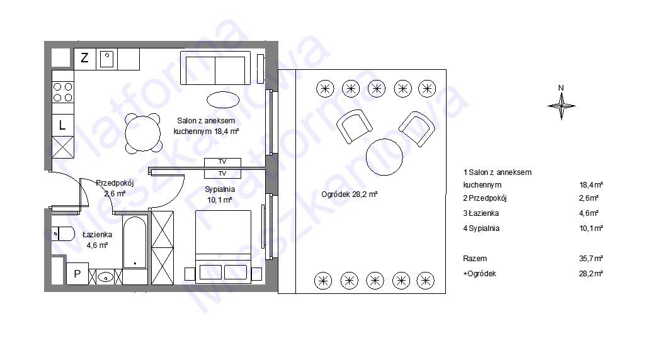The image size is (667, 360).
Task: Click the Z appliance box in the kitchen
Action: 85,59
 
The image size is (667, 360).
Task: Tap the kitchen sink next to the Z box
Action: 107,59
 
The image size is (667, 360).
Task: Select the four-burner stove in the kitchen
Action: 62,93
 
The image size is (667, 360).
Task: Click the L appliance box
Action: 62,125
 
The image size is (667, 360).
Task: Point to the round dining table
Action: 143,133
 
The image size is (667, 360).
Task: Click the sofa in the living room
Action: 215,68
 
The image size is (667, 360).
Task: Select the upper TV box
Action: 222,162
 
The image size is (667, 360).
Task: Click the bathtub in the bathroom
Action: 135,243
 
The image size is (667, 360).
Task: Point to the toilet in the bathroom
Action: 63,233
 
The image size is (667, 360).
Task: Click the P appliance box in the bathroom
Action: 77,274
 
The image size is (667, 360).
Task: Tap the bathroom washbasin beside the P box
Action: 105,277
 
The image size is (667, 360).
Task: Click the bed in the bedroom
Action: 224,245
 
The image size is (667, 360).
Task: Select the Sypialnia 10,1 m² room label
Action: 219,194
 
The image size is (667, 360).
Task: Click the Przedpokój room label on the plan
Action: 115,183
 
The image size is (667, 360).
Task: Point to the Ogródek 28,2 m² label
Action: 349,194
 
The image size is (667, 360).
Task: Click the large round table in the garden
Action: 385,157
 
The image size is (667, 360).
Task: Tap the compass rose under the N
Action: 561,106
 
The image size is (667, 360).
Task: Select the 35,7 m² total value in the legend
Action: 591,258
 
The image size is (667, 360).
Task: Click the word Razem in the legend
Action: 475,259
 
